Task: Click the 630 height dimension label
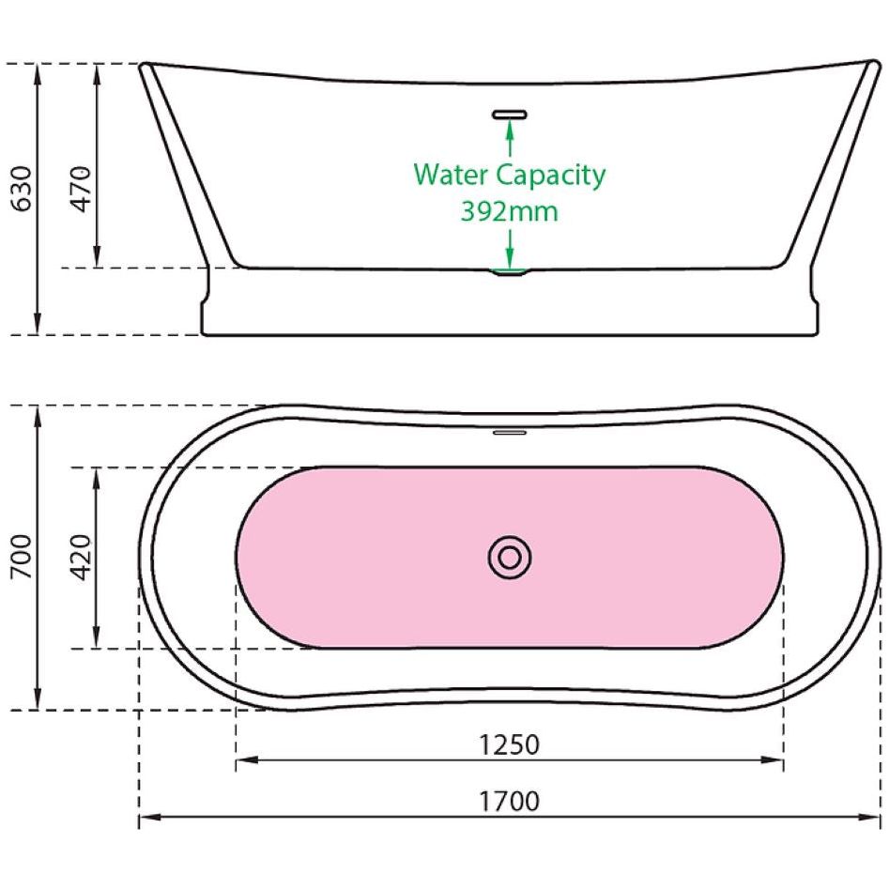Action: [x=23, y=189]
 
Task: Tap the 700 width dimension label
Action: [x=23, y=556]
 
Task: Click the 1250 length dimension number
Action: [x=509, y=744]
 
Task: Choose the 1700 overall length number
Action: [x=509, y=801]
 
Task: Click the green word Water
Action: [x=452, y=174]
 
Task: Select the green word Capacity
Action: [x=551, y=176]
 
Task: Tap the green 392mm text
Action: [x=509, y=211]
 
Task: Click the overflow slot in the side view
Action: [x=509, y=115]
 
